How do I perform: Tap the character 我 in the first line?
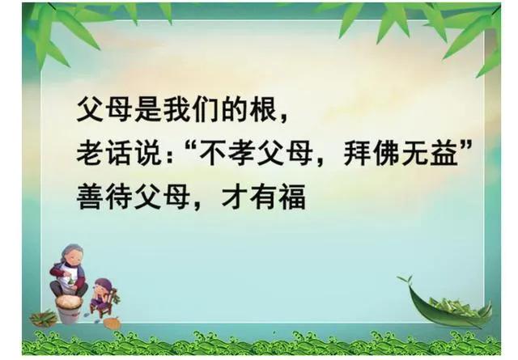(177, 108)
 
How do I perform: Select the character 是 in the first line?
(148, 108)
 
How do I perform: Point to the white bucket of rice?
(69, 308)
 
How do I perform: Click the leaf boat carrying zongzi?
(446, 306)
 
